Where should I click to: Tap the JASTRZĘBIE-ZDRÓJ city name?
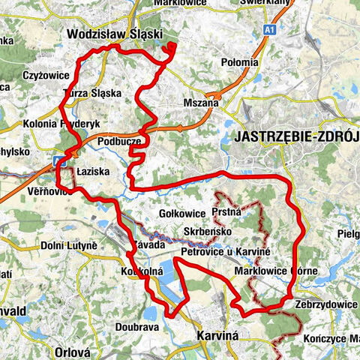[x=297, y=137]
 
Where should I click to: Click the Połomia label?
[x=220, y=62]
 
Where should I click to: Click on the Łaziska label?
[x=94, y=172]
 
